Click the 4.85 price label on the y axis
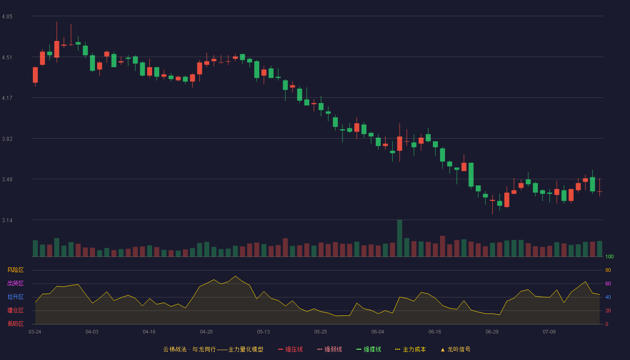coord(7,17)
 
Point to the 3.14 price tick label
coord(7,220)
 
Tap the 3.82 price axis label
coord(7,139)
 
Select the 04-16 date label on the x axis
coord(149,332)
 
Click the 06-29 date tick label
coord(492,332)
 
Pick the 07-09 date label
coord(549,332)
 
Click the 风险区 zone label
coord(15,270)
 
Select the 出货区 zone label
coord(15,283)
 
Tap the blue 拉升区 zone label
coord(15,297)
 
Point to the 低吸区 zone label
coord(15,324)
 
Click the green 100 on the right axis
coord(609,256)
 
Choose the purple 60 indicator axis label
coord(608,283)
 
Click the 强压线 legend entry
coord(290,349)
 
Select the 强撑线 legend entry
coord(369,349)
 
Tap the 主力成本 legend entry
coord(410,349)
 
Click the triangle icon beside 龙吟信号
coord(443,350)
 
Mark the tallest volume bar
coord(400,238)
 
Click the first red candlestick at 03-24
coord(35,75)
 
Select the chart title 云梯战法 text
coord(175,349)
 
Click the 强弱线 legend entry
coord(329,349)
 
